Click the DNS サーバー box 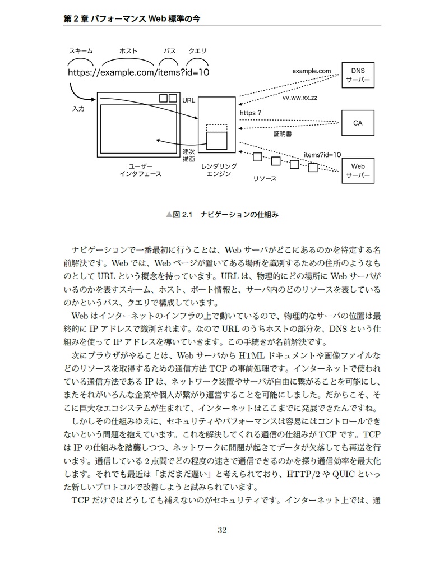point(358,76)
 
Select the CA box point(358,123)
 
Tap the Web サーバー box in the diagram point(358,170)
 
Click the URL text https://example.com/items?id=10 point(138,72)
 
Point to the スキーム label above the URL point(81,51)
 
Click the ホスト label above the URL point(129,51)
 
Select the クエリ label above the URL point(197,51)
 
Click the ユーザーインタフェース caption point(140,170)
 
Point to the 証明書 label point(282,135)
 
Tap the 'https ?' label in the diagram point(251,113)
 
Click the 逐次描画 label point(189,155)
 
